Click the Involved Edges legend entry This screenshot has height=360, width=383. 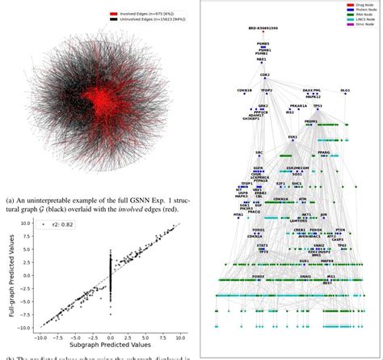pos(144,13)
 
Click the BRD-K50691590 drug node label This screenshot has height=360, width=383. pos(263,28)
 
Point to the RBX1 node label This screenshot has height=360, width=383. pos(263,60)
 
